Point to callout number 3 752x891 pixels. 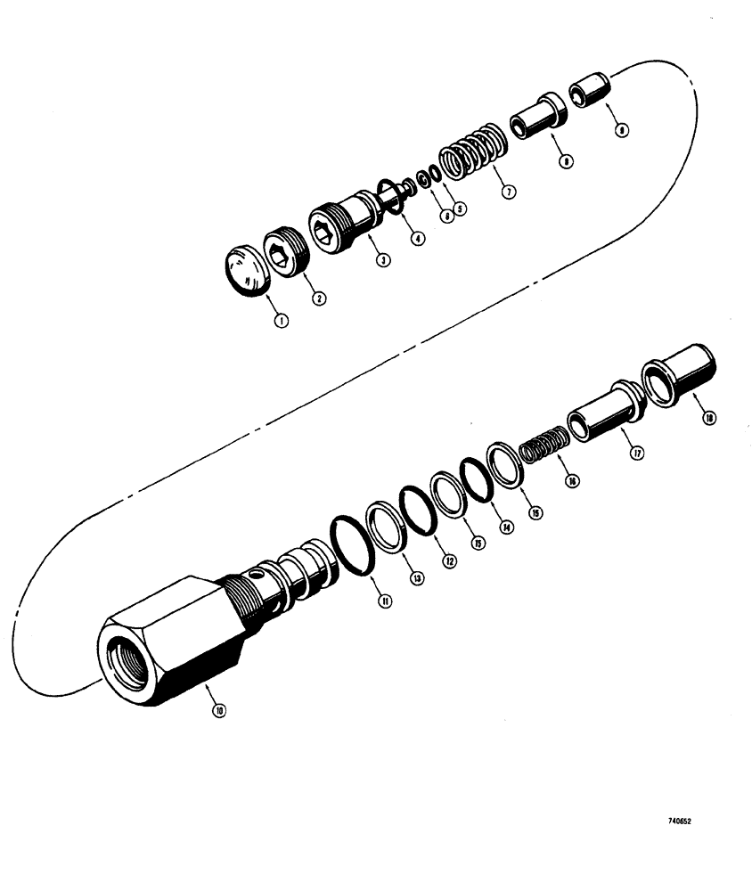pos(381,260)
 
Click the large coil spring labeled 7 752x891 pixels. pos(471,151)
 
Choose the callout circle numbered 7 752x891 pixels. pos(509,192)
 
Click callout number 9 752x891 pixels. pos(621,130)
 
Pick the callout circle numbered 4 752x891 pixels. pos(418,238)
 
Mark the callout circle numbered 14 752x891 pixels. pos(507,526)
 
